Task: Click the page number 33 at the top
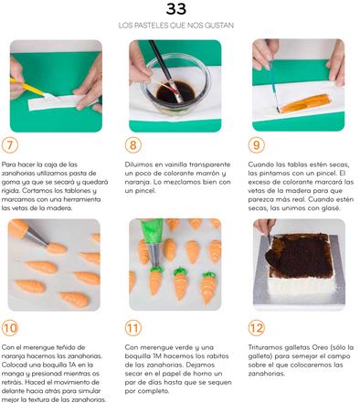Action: coord(176,9)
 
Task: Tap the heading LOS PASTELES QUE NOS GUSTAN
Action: coord(176,26)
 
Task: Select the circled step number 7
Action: coord(10,145)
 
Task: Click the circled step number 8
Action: coord(133,145)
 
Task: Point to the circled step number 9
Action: coord(257,145)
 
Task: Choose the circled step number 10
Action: coord(10,328)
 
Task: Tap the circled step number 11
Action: coord(133,328)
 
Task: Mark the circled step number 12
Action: coord(257,328)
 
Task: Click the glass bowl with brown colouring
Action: coord(175,85)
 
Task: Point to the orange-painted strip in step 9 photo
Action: coord(305,103)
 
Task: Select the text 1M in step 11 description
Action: coord(157,356)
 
